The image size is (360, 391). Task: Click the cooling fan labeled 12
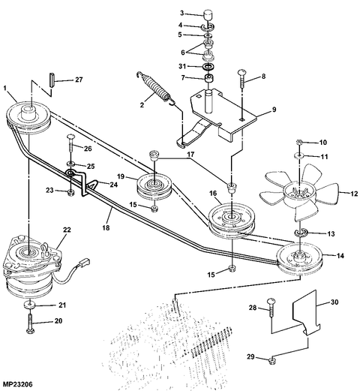click(x=298, y=193)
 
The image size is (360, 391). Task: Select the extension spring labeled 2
click(x=156, y=88)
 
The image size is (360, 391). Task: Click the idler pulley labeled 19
click(x=154, y=188)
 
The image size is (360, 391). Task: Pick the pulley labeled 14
click(x=300, y=259)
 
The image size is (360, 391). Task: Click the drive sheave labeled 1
click(x=28, y=118)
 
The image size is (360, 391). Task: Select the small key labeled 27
click(x=52, y=80)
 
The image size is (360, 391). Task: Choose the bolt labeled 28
click(x=271, y=308)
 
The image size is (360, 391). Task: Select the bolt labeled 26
click(x=70, y=143)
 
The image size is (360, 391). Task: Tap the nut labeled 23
click(x=70, y=193)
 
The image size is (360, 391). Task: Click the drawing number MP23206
click(x=17, y=384)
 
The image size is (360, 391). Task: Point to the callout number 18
click(x=106, y=227)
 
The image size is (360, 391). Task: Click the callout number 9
click(x=274, y=110)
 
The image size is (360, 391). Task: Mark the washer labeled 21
click(x=30, y=305)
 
